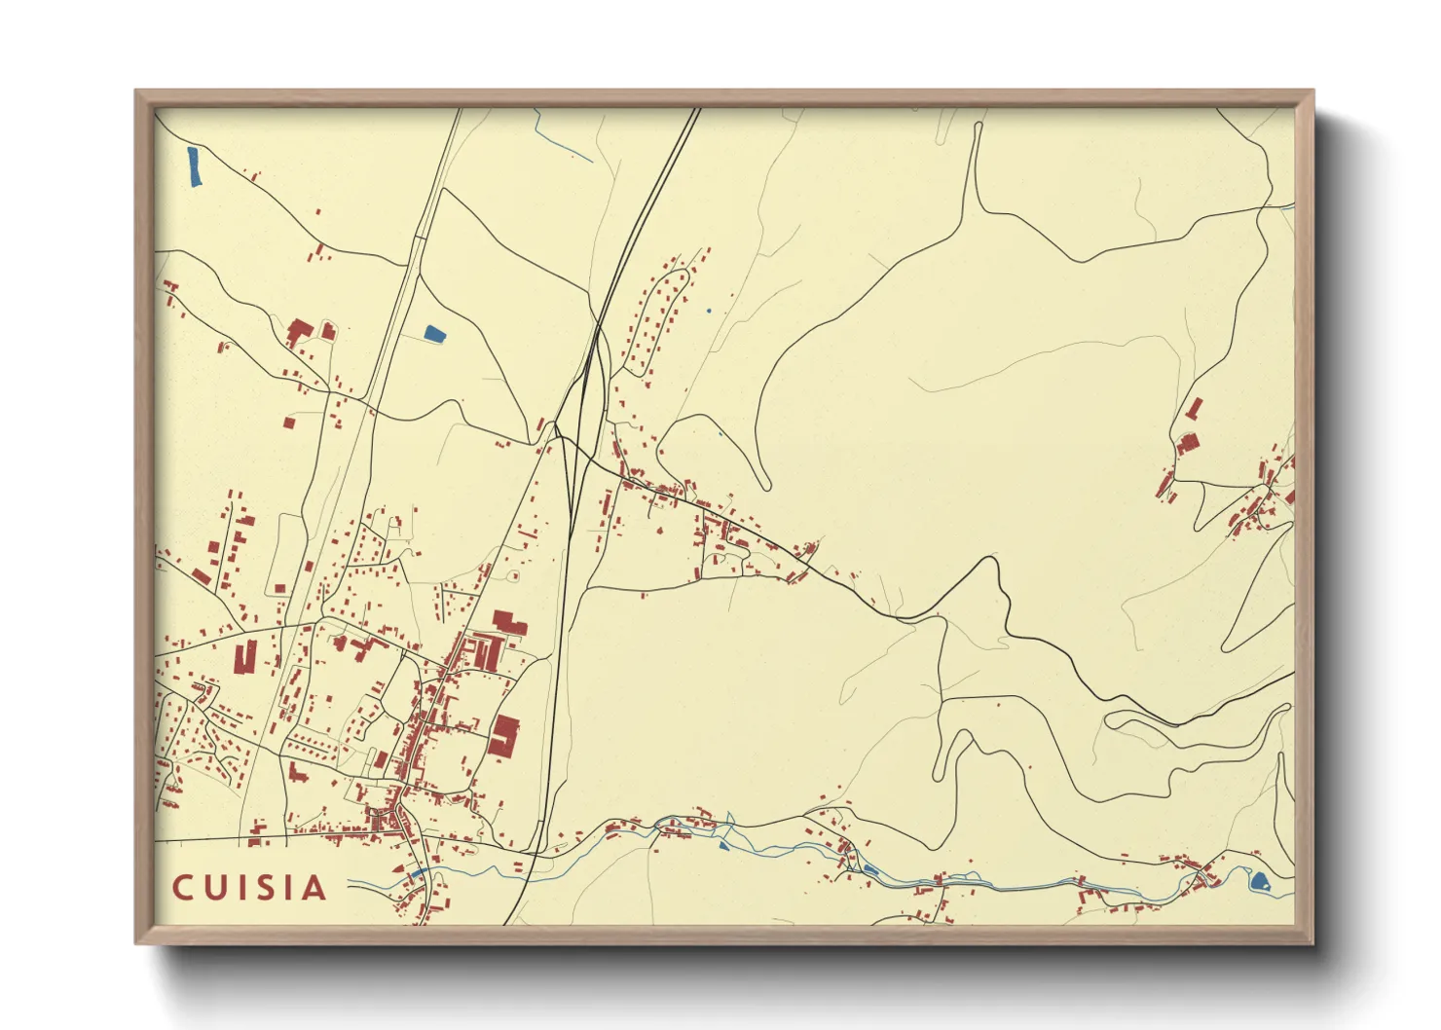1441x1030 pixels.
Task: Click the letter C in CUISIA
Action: pyautogui.click(x=182, y=888)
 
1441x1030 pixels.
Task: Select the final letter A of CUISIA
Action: pyautogui.click(x=314, y=888)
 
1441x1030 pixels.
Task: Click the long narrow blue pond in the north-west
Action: pyautogui.click(x=194, y=166)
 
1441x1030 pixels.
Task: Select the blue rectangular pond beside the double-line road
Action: pyautogui.click(x=434, y=334)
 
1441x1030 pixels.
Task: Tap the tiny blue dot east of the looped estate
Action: pyautogui.click(x=709, y=311)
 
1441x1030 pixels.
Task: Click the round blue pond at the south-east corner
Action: pyautogui.click(x=1260, y=882)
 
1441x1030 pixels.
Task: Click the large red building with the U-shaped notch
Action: pyautogui.click(x=504, y=734)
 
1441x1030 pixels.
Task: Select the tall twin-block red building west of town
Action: pyautogui.click(x=245, y=656)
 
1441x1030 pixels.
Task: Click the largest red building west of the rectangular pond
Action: pyautogui.click(x=299, y=332)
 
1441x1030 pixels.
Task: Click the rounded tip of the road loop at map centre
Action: pyautogui.click(x=764, y=484)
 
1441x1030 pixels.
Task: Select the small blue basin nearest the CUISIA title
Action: pyautogui.click(x=419, y=873)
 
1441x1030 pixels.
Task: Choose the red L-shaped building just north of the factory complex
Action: pyautogui.click(x=507, y=622)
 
